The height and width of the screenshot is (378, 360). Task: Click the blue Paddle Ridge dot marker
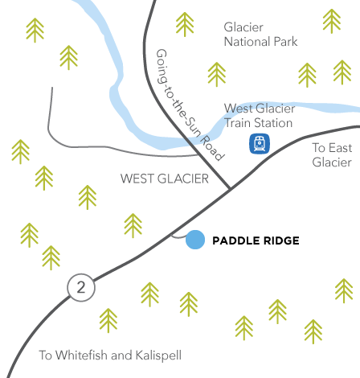pyautogui.click(x=195, y=240)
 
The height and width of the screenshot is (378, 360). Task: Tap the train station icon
pyautogui.click(x=260, y=144)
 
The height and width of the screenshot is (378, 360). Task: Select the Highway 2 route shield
pyautogui.click(x=81, y=287)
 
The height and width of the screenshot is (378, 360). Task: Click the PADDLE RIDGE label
pyautogui.click(x=256, y=240)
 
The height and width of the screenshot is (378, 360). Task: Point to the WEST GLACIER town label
pyautogui.click(x=165, y=179)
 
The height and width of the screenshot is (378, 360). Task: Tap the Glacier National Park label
pyautogui.click(x=260, y=35)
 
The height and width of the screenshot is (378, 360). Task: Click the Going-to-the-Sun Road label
pyautogui.click(x=190, y=105)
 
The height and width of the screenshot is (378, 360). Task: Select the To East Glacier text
pyautogui.click(x=332, y=155)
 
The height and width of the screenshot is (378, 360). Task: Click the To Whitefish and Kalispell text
pyautogui.click(x=110, y=355)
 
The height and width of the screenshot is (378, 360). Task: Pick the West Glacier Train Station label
pyautogui.click(x=260, y=116)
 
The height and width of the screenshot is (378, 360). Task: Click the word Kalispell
pyautogui.click(x=158, y=355)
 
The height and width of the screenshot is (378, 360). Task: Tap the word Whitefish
pyautogui.click(x=81, y=355)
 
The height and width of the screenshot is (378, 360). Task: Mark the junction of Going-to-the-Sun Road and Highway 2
pyautogui.click(x=230, y=188)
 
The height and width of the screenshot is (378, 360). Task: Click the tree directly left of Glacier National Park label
pyautogui.click(x=185, y=24)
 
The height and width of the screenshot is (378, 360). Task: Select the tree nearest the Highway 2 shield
pyautogui.click(x=51, y=257)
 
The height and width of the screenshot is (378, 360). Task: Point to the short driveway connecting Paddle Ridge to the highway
pyautogui.click(x=178, y=237)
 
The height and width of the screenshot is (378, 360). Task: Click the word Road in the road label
pyautogui.click(x=212, y=148)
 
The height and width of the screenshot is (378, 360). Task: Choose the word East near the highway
pyautogui.click(x=340, y=148)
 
